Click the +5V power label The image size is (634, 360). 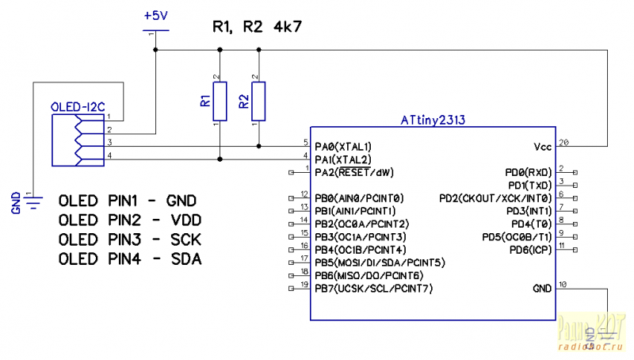pos(155,15)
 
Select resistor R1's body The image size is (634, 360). pos(220,101)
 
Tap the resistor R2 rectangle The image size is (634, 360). pos(258,101)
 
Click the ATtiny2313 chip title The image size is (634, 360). pos(433,121)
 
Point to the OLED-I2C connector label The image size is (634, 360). pos(78,106)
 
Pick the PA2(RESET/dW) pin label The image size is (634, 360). pos(353,172)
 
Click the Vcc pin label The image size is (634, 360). pos(542,147)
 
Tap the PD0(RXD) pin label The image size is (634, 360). pos(527,172)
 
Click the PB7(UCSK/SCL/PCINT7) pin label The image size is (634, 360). pos(374,288)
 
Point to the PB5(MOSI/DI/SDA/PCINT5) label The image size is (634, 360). pos(380,262)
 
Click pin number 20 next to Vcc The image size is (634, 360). pos(564,142)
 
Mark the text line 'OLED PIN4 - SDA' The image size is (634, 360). pos(130,259)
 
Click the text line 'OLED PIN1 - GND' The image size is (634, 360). pos(128,200)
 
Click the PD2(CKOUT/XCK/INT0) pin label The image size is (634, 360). pos(495,197)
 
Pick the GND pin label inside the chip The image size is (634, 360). pos(542,289)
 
